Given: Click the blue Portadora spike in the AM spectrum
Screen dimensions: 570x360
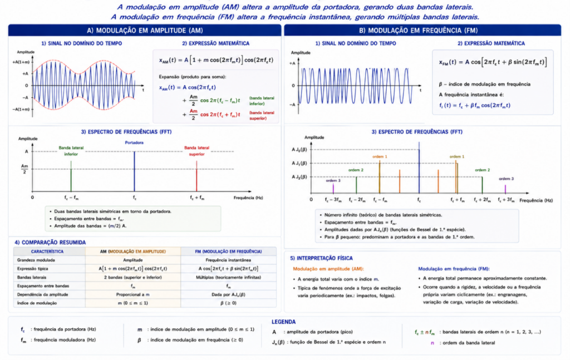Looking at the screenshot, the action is pyautogui.click(x=135, y=171).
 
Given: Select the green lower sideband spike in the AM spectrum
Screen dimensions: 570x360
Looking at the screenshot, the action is pyautogui.click(x=71, y=176).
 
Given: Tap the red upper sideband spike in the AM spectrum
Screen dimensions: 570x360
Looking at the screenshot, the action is pyautogui.click(x=196, y=176).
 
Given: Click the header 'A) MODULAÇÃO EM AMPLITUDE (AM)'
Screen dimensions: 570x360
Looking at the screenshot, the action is pyautogui.click(x=145, y=31).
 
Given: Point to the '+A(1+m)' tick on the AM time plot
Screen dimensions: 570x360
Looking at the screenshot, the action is pyautogui.click(x=22, y=62).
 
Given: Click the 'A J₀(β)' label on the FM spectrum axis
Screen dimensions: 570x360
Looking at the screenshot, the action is pyautogui.click(x=299, y=149).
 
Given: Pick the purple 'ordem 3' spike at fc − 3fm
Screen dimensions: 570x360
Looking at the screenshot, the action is pyautogui.click(x=333, y=189).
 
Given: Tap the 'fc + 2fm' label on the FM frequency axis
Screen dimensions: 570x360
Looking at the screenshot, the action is pyautogui.click(x=482, y=200).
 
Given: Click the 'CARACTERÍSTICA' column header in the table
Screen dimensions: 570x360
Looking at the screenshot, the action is pyautogui.click(x=47, y=251).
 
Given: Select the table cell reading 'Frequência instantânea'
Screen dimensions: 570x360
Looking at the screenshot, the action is pyautogui.click(x=228, y=260).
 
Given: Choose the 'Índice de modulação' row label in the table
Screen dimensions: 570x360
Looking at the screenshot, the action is pyautogui.click(x=37, y=303).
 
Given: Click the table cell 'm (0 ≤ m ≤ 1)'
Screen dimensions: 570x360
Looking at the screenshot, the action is pyautogui.click(x=132, y=303).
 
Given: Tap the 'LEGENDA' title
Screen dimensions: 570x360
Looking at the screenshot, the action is pyautogui.click(x=283, y=322).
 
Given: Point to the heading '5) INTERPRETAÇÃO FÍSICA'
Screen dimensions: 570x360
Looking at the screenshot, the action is pyautogui.click(x=321, y=258).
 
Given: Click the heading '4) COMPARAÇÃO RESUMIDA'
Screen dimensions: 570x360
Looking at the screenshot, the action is pyautogui.click(x=50, y=242).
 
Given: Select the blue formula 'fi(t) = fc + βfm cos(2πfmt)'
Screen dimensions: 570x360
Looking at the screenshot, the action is pyautogui.click(x=474, y=105).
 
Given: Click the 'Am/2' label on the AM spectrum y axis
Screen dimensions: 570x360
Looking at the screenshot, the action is pyautogui.click(x=24, y=169).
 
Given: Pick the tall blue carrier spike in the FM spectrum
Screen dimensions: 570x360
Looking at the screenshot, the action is pyautogui.click(x=419, y=167).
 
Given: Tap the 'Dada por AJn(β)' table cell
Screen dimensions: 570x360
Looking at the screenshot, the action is pyautogui.click(x=228, y=294).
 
